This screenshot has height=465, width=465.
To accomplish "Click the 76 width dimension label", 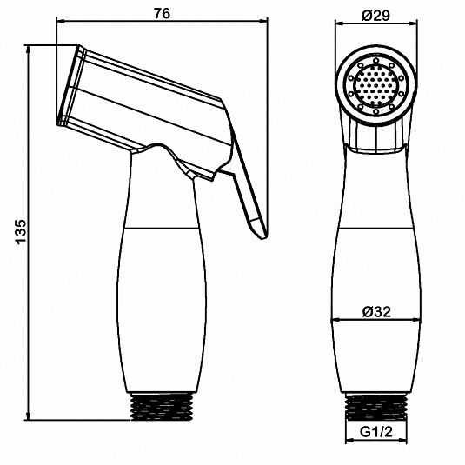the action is [163, 13].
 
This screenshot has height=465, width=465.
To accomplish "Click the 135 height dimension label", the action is [22, 232].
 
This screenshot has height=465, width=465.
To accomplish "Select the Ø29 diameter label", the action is [376, 15].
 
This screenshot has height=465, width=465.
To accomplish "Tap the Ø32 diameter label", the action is [376, 312].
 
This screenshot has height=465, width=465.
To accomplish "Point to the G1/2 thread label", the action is [376, 432].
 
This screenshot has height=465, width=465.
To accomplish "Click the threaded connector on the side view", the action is [162, 406].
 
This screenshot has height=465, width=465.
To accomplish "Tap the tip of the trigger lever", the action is [262, 238].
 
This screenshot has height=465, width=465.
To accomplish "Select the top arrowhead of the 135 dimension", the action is [29, 48].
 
